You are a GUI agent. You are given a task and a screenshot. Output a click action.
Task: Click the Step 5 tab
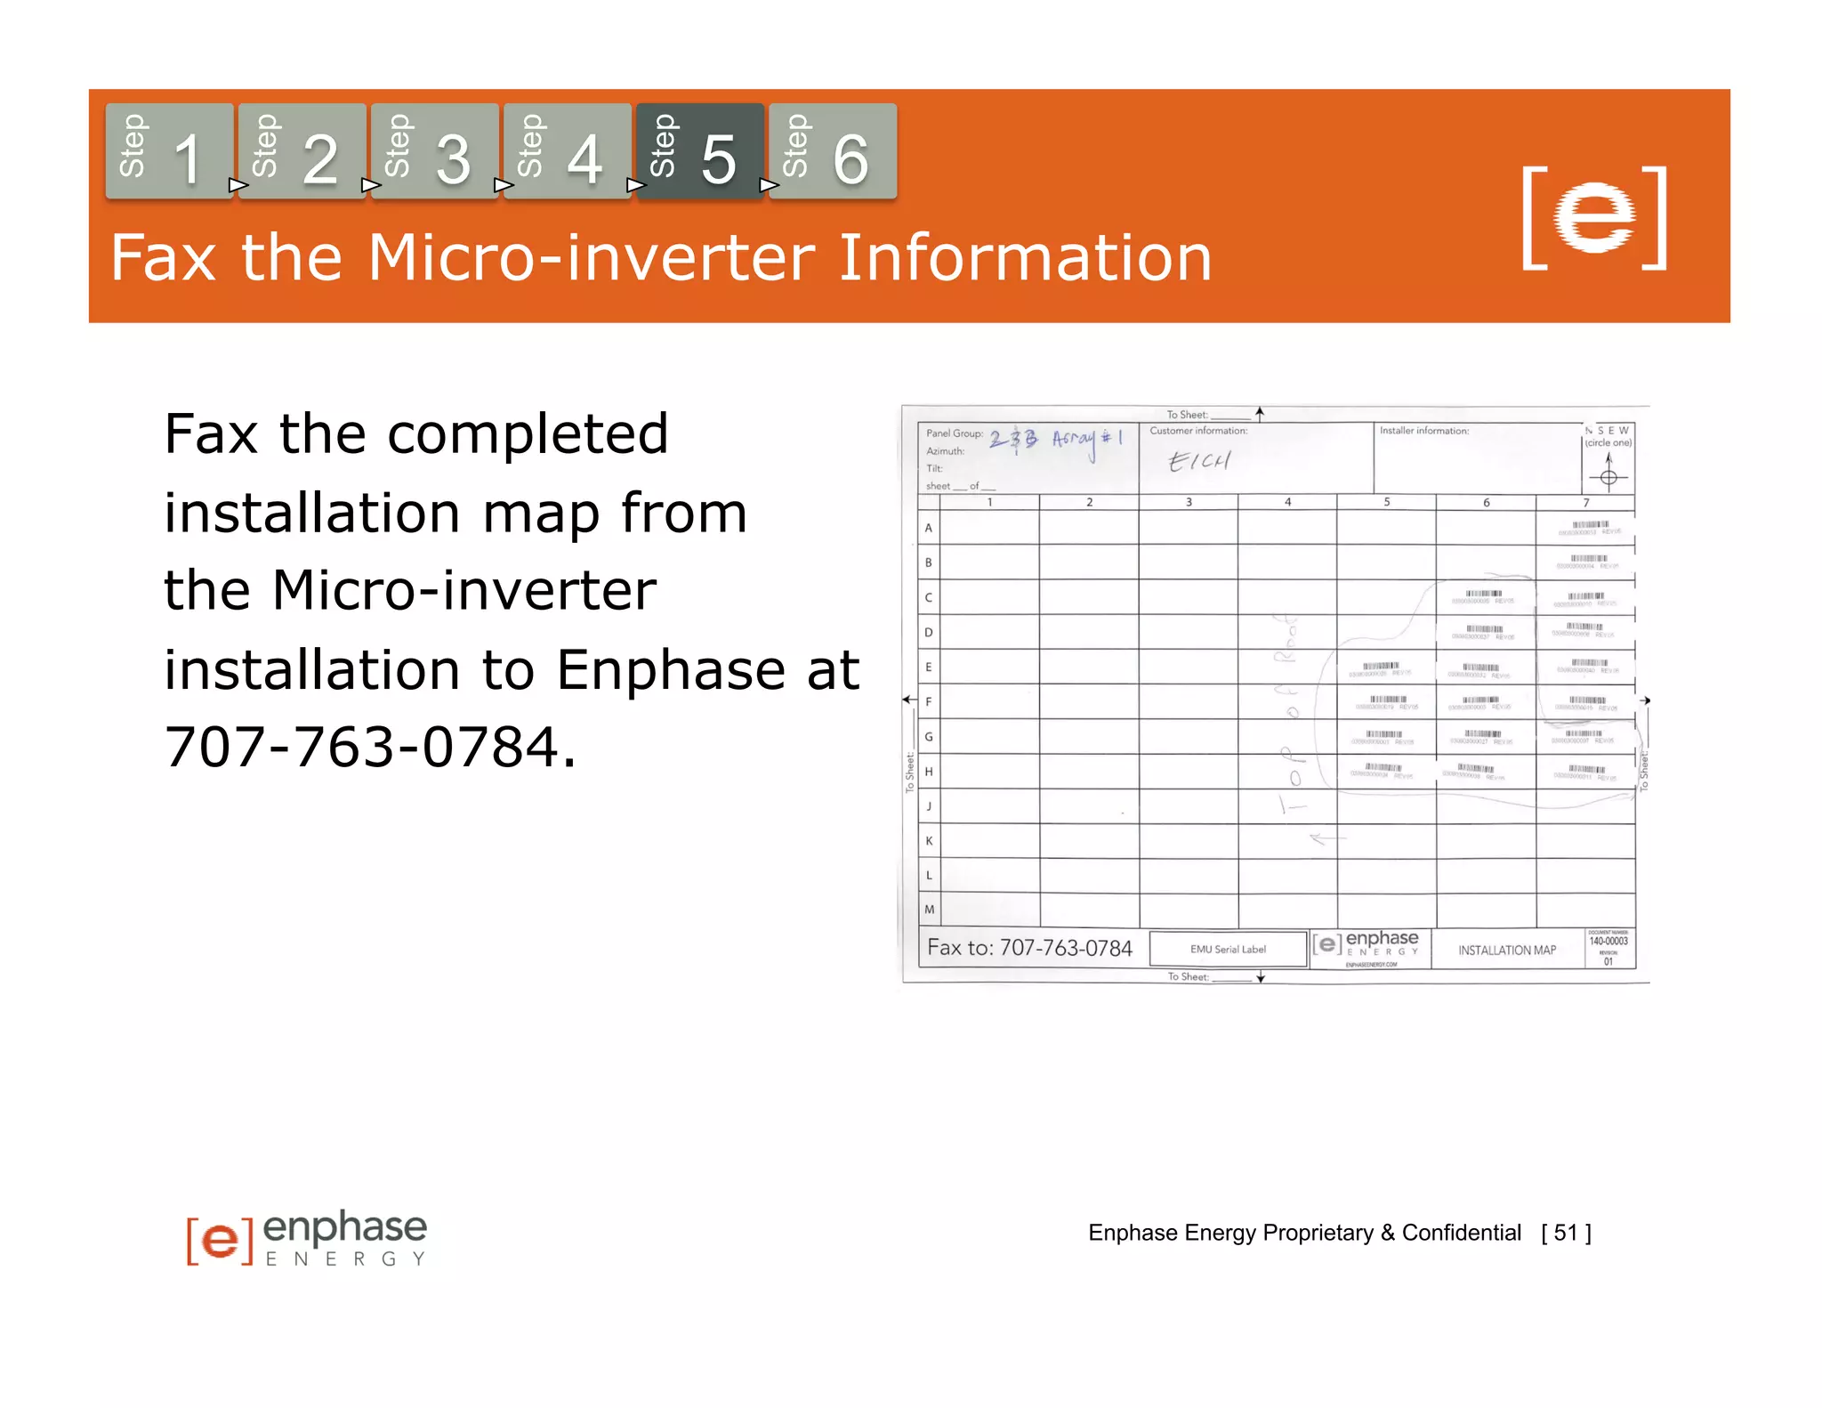[x=699, y=151]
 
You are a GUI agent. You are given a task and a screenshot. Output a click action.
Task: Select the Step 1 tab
[x=169, y=151]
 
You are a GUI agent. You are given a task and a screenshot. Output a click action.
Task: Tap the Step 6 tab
[x=832, y=151]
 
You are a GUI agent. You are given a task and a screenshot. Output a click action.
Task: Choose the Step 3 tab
[x=434, y=151]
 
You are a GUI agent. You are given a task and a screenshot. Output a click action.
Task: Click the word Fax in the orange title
[x=164, y=258]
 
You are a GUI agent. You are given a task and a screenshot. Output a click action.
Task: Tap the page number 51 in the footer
[x=1566, y=1233]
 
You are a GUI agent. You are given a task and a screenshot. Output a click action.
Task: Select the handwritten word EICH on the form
[x=1199, y=460]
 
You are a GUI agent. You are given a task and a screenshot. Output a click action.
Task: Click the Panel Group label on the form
[x=954, y=433]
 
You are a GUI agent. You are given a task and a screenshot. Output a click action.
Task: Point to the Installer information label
[x=1423, y=431]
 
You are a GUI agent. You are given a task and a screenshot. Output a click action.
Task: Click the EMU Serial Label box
[x=1228, y=949]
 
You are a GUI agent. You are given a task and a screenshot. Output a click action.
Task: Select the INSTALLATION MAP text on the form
[x=1507, y=950]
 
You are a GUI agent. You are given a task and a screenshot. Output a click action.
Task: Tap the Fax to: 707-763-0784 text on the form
[x=1029, y=947]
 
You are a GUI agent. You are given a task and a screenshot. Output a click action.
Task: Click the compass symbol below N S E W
[x=1608, y=476]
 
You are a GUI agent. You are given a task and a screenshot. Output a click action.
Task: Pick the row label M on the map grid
[x=930, y=910]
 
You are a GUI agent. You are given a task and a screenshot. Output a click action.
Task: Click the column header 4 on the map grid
[x=1287, y=502]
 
